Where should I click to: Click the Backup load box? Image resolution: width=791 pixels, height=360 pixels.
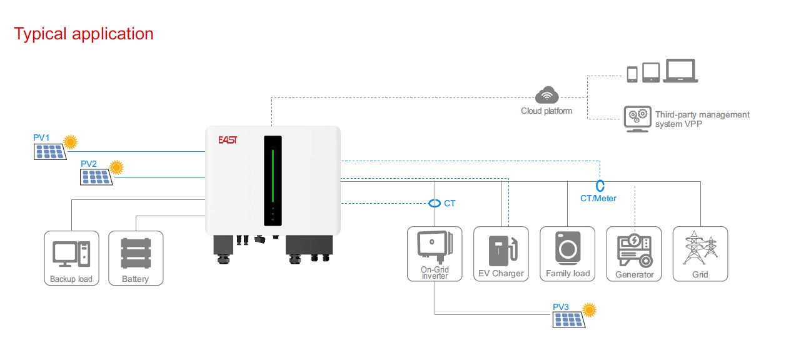pyautogui.click(x=71, y=258)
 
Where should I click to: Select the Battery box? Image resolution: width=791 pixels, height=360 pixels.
pyautogui.click(x=136, y=258)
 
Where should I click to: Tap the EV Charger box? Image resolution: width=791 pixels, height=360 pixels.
pyautogui.click(x=501, y=254)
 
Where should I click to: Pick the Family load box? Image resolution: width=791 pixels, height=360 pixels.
pyautogui.click(x=568, y=254)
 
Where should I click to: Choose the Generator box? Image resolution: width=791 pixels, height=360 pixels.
pyautogui.click(x=634, y=254)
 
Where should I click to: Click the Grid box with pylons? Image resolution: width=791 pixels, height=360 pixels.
pyautogui.click(x=700, y=254)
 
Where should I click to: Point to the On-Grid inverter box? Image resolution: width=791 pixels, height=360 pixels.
pyautogui.click(x=435, y=254)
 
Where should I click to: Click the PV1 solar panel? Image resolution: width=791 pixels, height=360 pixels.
pyautogui.click(x=49, y=151)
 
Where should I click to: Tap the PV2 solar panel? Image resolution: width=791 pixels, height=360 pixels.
pyautogui.click(x=96, y=177)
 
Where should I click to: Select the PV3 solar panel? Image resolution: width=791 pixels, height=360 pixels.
pyautogui.click(x=568, y=319)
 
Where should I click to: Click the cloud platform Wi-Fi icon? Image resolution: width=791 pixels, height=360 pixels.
pyautogui.click(x=547, y=95)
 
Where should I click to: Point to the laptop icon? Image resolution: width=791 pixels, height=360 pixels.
pyautogui.click(x=680, y=71)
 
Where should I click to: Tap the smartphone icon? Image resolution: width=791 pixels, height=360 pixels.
pyautogui.click(x=632, y=74)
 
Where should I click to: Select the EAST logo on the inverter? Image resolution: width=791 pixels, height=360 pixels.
pyautogui.click(x=228, y=140)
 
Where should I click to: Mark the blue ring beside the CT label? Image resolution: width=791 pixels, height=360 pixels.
pyautogui.click(x=434, y=203)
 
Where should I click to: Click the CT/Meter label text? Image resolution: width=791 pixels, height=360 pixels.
pyautogui.click(x=598, y=198)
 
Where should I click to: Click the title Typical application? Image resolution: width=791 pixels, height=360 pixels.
pyautogui.click(x=84, y=34)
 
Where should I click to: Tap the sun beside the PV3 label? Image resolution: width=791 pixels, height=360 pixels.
pyautogui.click(x=589, y=309)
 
